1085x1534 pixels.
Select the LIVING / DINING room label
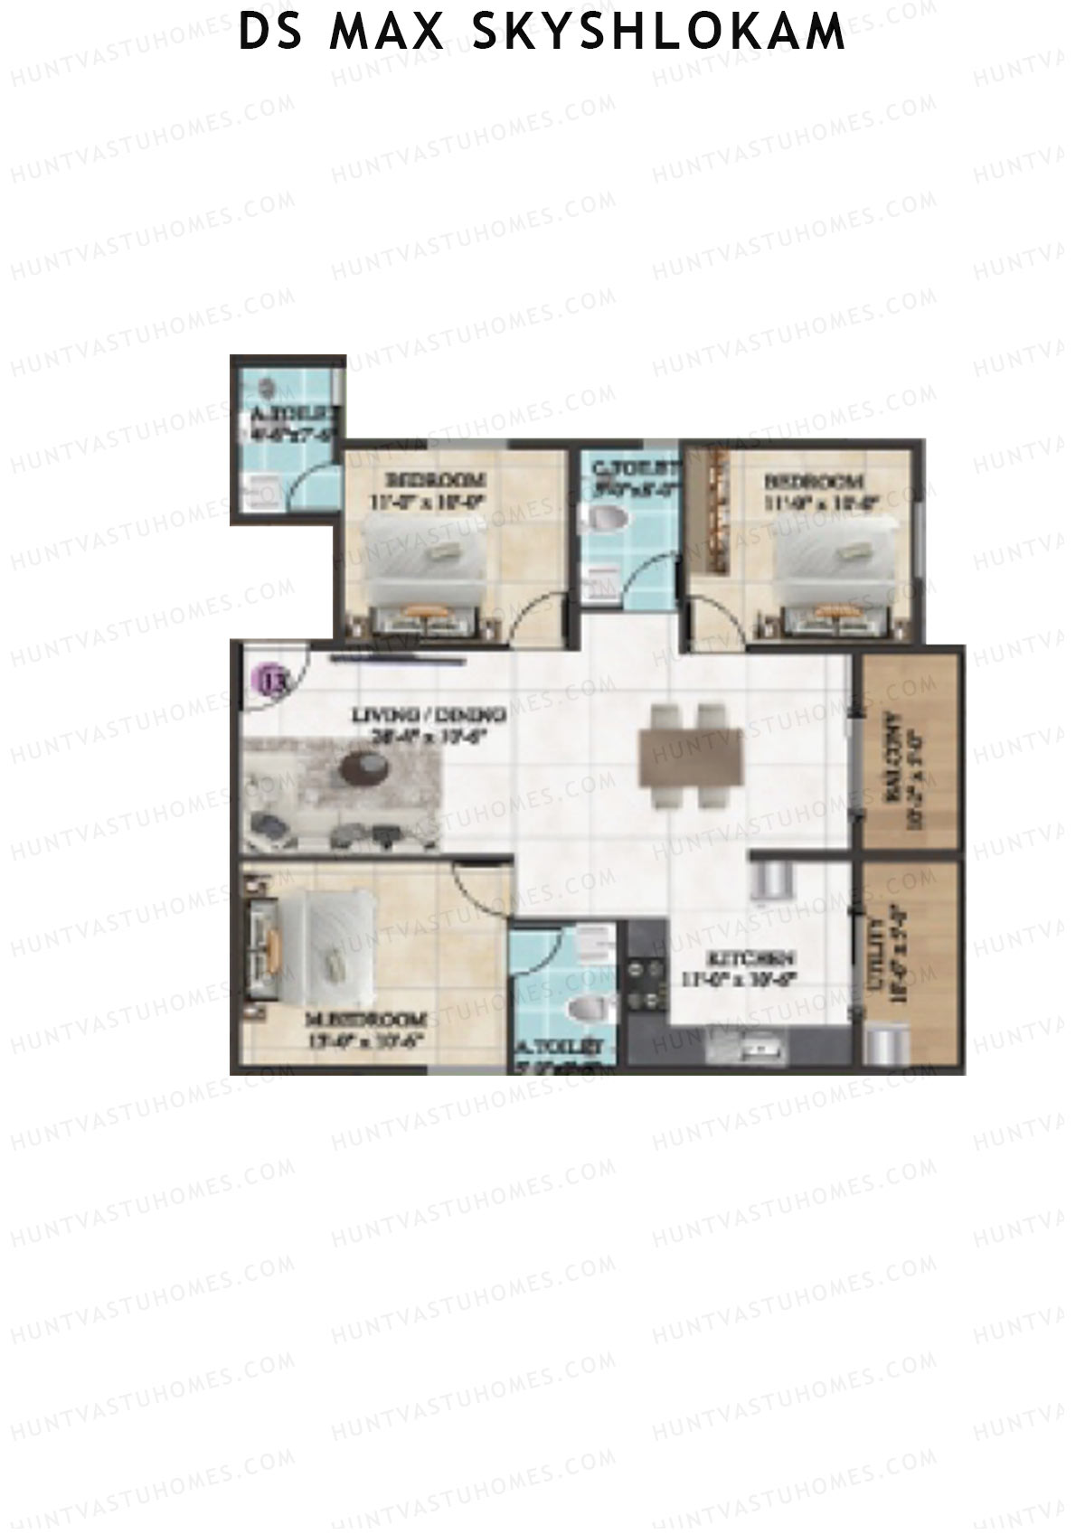coord(429,715)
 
